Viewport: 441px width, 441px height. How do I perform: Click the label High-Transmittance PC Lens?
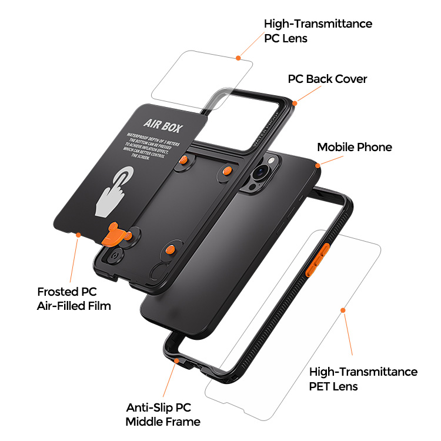(318, 31)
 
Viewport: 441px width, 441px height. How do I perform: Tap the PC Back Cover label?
(327, 79)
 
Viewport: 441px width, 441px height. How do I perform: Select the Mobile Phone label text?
(354, 147)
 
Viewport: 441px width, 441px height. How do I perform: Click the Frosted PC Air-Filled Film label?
(73, 298)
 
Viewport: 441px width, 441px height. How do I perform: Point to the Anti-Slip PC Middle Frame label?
(163, 415)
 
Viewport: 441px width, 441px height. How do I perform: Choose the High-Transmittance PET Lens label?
(363, 379)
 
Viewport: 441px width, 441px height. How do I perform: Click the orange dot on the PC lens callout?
(238, 58)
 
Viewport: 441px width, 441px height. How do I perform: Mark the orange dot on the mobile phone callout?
(318, 166)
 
